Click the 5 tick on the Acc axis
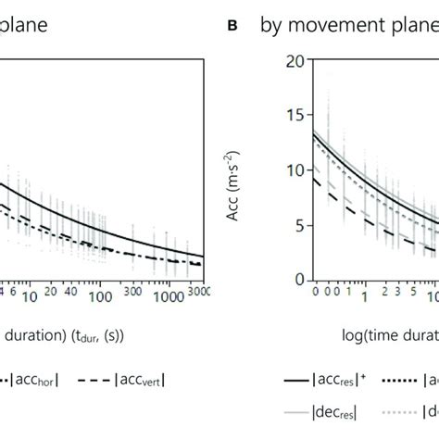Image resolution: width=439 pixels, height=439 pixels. tap(298, 225)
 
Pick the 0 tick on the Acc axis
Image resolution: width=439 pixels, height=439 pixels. tap(298, 280)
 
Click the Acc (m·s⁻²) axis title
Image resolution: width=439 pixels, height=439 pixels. tap(258, 170)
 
